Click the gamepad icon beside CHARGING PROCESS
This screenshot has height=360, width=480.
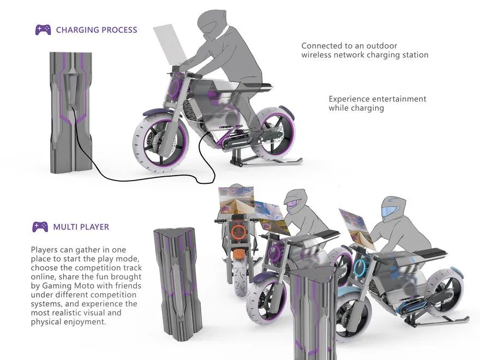pos(43,30)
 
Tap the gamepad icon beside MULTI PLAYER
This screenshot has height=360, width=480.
pos(40,226)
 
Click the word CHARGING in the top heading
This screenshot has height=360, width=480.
pos(77,30)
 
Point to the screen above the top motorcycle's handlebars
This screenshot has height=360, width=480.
pos(170,45)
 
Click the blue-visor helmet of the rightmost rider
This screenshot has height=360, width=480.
pos(393,209)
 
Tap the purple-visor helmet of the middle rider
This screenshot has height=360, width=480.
pos(295,203)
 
